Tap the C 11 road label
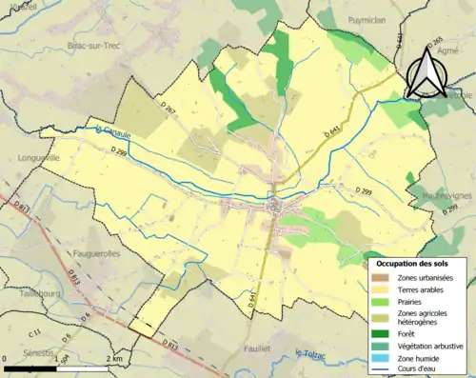point(35,332)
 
